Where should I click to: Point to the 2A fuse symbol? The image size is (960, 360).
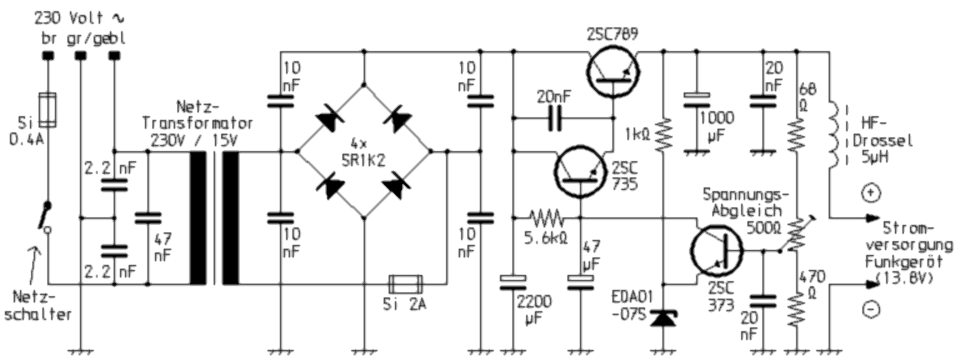tap(406, 284)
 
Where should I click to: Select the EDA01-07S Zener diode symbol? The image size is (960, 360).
tap(662, 319)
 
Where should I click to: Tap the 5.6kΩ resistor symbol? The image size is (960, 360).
tap(546, 219)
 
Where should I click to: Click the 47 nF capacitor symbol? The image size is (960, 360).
tap(148, 218)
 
